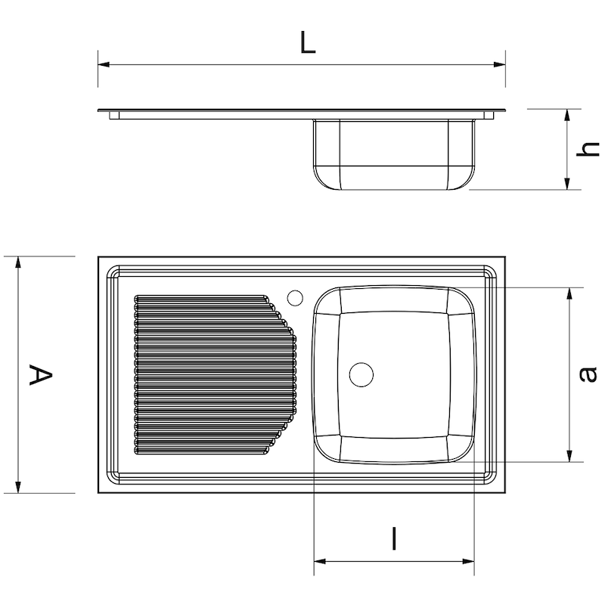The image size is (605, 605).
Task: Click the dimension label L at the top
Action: pyautogui.click(x=306, y=42)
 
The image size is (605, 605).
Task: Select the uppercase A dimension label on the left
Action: pyautogui.click(x=42, y=374)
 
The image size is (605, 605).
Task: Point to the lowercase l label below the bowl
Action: pyautogui.click(x=393, y=538)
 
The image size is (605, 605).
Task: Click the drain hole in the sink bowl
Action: pyautogui.click(x=361, y=374)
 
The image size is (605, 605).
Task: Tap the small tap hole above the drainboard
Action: pyautogui.click(x=295, y=295)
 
